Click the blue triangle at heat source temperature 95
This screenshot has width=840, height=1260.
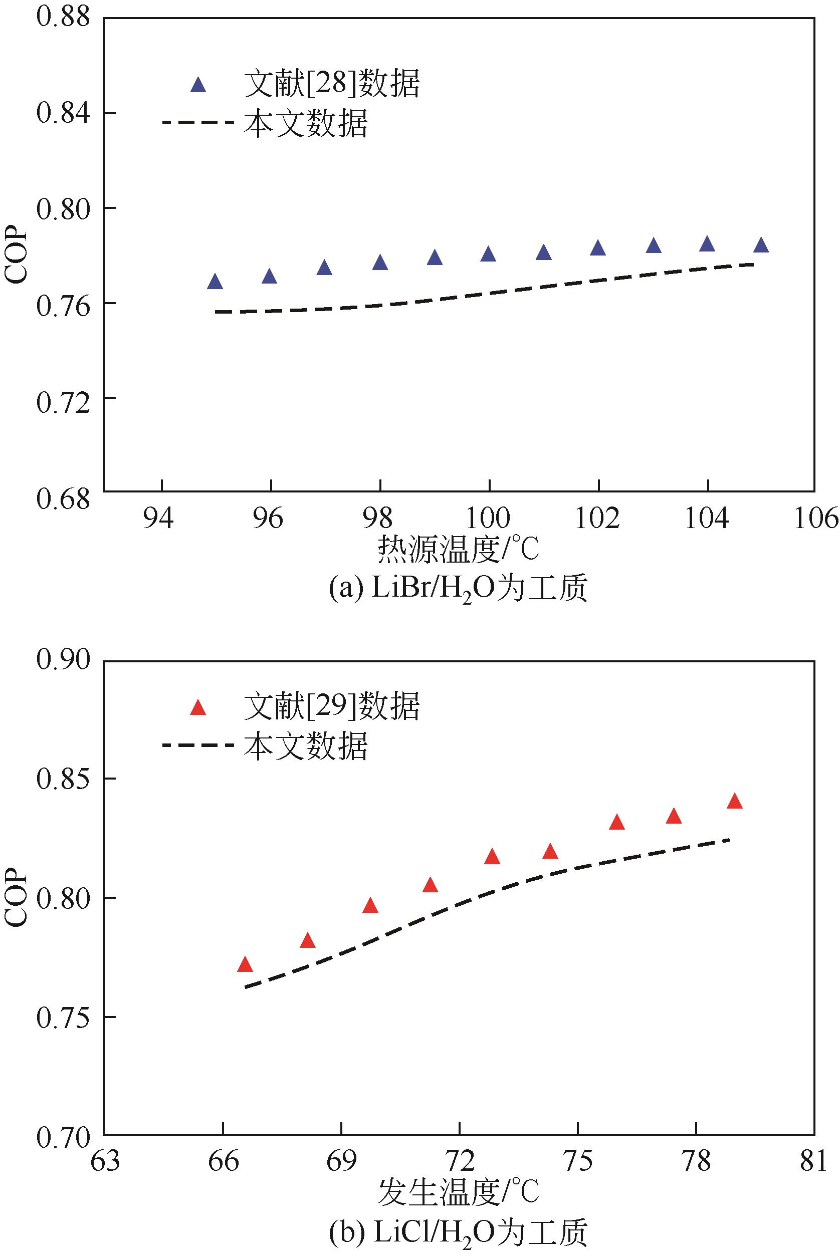215,282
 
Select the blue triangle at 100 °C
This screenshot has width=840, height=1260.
488,254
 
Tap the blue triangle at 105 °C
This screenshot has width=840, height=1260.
761,245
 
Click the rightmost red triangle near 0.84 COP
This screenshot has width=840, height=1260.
734,802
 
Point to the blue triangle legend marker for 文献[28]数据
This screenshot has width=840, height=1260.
198,86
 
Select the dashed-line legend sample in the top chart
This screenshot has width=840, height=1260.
197,123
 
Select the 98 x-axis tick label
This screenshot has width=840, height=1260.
379,519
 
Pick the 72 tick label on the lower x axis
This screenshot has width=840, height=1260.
460,1161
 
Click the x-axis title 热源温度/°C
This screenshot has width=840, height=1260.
458,550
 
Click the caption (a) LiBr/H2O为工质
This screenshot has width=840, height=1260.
458,589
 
